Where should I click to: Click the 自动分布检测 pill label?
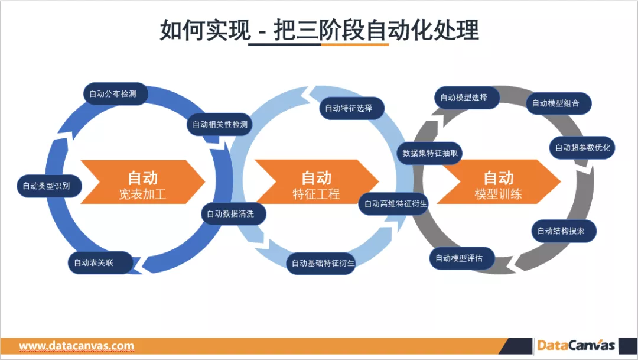[113, 93]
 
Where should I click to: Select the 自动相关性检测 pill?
[220, 124]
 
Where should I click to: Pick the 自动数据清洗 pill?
[230, 213]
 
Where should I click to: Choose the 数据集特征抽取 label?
[429, 153]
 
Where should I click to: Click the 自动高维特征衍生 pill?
[392, 203]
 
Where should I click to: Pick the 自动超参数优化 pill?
[582, 147]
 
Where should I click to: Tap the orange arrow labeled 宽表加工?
[142, 184]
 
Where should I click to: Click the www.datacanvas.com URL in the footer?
[77, 346]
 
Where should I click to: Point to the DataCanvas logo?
[576, 346]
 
